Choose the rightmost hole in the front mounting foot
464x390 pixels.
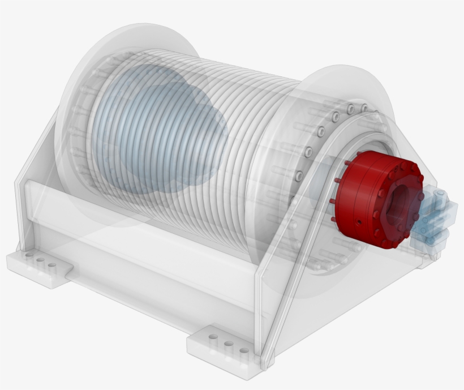click(x=244, y=350)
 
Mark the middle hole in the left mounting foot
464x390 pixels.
click(x=40, y=262)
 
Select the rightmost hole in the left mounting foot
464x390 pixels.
click(x=52, y=265)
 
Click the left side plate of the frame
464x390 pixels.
click(x=34, y=187)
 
